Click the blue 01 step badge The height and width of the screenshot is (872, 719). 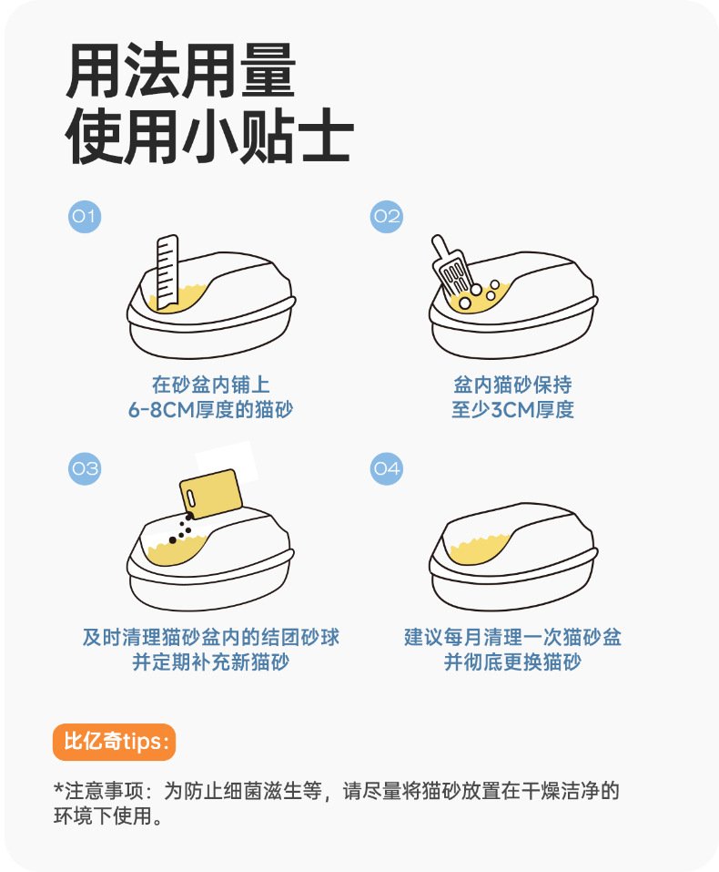(x=85, y=216)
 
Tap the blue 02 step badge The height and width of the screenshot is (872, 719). (x=386, y=216)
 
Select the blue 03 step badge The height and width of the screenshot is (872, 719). (x=85, y=469)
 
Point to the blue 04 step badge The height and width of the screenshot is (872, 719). (x=386, y=469)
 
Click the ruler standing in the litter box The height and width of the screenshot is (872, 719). (x=167, y=272)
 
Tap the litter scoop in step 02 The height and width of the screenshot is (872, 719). (x=451, y=266)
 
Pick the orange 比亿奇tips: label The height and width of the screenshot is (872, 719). (x=114, y=742)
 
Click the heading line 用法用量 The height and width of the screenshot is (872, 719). (x=181, y=71)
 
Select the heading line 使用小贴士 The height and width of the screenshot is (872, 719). (x=209, y=135)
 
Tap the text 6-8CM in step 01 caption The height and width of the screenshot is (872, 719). (x=160, y=410)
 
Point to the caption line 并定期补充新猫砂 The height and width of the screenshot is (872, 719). (x=210, y=662)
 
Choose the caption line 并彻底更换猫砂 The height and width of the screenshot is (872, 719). (x=512, y=662)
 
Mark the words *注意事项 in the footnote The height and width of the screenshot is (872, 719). (x=99, y=791)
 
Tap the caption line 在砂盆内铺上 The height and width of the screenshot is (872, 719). (x=210, y=385)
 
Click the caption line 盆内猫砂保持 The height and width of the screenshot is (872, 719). (x=512, y=385)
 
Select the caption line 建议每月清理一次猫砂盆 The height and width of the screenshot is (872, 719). (x=512, y=637)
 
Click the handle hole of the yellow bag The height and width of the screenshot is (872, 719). (x=190, y=498)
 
